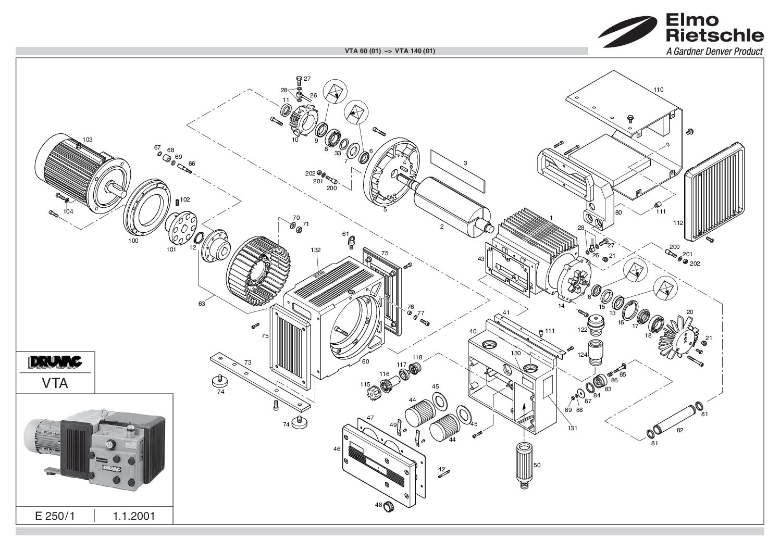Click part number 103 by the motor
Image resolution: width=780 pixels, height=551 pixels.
[x=88, y=140]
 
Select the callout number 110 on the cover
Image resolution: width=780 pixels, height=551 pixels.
[x=658, y=90]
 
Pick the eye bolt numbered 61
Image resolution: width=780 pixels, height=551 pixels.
[x=352, y=242]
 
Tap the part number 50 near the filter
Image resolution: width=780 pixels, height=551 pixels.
[x=537, y=465]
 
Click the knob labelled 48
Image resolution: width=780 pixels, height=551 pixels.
[x=388, y=507]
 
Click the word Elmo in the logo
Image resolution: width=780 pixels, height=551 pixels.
[x=692, y=20]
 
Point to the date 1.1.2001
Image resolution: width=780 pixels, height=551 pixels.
[x=134, y=516]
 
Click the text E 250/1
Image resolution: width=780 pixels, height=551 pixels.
[x=55, y=516]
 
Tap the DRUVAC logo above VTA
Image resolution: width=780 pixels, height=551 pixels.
[x=56, y=362]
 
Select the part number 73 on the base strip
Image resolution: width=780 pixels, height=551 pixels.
[x=247, y=362]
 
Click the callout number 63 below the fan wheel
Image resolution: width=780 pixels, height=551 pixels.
[x=202, y=304]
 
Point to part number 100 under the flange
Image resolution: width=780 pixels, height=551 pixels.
[x=133, y=241]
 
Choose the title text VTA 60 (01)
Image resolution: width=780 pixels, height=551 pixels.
[x=363, y=51]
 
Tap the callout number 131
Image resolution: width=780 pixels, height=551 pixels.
[x=573, y=428]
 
